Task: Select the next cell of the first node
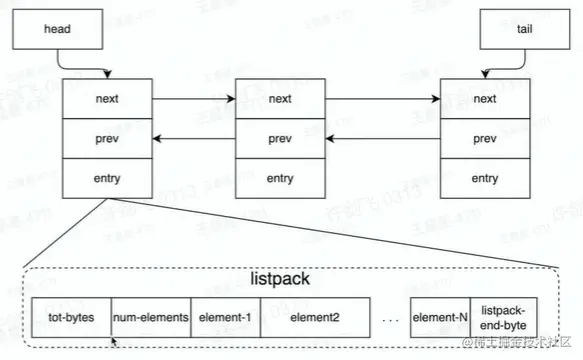(108, 99)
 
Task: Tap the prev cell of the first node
(108, 139)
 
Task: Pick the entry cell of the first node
(108, 179)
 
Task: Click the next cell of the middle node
(280, 99)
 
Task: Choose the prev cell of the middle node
(280, 139)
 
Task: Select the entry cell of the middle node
(280, 179)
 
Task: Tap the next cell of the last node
(484, 99)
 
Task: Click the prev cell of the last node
(484, 139)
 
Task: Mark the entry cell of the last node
(484, 179)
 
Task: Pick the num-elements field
(150, 317)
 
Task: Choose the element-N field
(440, 317)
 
